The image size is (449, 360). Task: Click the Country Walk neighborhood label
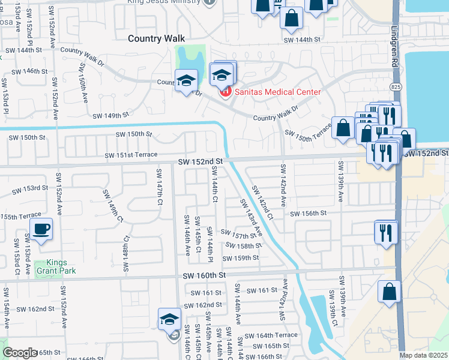[x=153, y=38]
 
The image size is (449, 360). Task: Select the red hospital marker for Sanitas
[x=225, y=91]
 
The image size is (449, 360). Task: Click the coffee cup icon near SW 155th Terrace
[x=41, y=230]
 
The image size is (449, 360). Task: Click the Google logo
[x=20, y=353]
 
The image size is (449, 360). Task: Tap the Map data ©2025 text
[x=423, y=355]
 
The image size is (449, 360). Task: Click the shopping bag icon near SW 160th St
[x=389, y=292]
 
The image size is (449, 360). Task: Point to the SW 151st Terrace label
[x=131, y=155]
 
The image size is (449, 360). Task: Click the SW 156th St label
[x=308, y=214]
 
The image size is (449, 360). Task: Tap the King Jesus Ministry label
[x=163, y=2]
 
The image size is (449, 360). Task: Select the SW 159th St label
[x=240, y=258]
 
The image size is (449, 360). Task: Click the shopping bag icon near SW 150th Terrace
[x=343, y=128]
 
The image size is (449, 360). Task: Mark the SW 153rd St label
[x=31, y=188]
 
